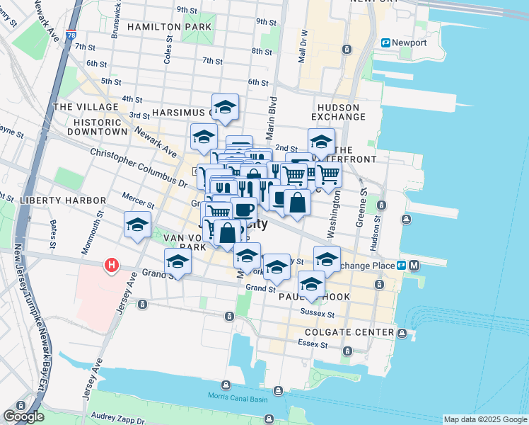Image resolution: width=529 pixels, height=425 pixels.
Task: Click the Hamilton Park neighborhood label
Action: point(169,27)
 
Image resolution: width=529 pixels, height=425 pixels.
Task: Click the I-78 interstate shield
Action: point(71,34)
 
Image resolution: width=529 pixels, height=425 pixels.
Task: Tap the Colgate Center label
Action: point(349,332)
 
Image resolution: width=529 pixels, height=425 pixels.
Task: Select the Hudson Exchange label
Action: point(338,112)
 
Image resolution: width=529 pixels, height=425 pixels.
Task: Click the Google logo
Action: point(23,416)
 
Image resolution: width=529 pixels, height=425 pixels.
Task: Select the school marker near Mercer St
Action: point(137,225)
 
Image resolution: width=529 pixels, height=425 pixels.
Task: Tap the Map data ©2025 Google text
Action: point(484,419)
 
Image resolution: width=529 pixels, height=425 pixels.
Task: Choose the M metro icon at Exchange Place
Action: point(414,266)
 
